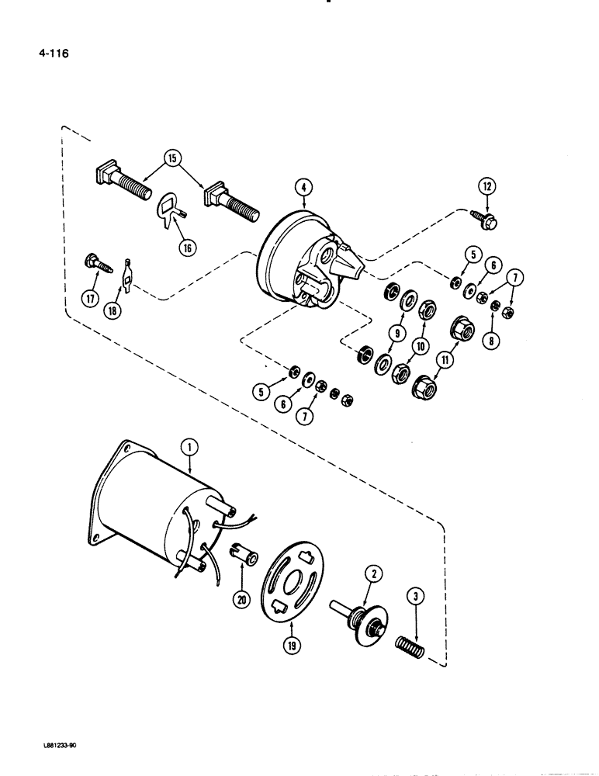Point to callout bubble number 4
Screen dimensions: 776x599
pyautogui.click(x=303, y=186)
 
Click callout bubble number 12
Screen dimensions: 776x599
pyautogui.click(x=486, y=186)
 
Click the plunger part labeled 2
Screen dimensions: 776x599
pyautogui.click(x=360, y=618)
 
